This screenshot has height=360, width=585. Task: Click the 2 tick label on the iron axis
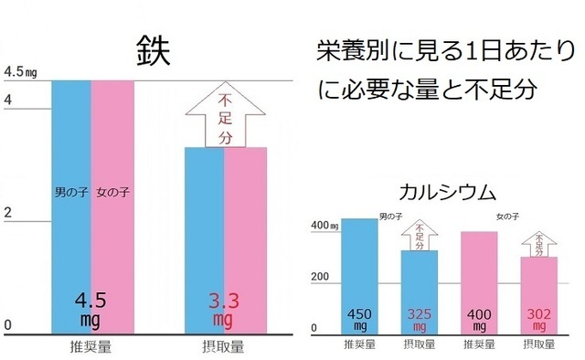(x=9, y=212)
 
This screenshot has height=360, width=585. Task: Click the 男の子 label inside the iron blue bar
(x=69, y=194)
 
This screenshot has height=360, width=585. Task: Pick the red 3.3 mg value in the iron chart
(x=223, y=309)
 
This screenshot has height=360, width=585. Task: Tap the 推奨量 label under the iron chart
(x=92, y=347)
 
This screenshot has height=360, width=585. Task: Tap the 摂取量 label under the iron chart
(x=224, y=347)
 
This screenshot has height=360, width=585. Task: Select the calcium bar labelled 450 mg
(x=358, y=274)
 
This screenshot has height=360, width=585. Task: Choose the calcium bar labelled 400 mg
(x=479, y=279)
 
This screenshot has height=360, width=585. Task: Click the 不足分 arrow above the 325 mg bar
(x=420, y=236)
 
